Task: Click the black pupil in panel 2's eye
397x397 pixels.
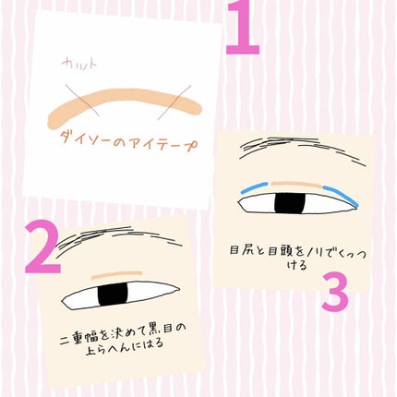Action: coord(114,295)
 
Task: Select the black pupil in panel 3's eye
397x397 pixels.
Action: coord(295,201)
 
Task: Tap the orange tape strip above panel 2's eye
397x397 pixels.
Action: coord(115,275)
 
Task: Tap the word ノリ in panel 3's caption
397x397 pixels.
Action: coord(310,249)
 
